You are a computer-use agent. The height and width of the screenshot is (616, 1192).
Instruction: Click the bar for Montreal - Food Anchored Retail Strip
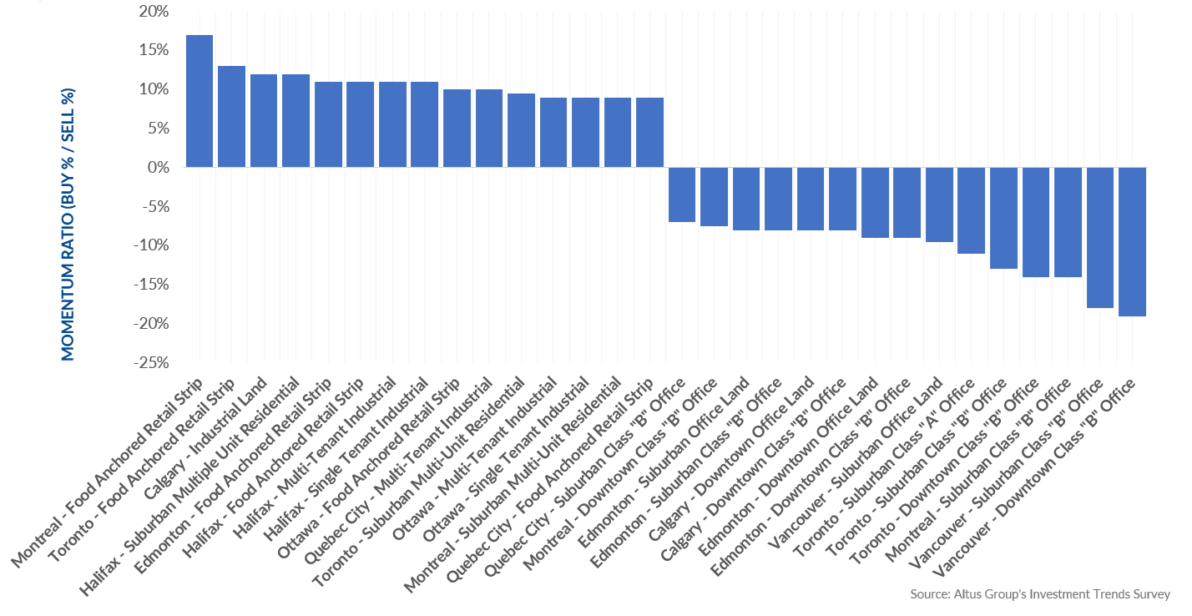[x=199, y=101]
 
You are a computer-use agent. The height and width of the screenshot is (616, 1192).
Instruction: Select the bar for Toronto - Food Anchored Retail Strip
[x=231, y=117]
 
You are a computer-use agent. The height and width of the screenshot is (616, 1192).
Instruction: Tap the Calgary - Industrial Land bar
[x=264, y=121]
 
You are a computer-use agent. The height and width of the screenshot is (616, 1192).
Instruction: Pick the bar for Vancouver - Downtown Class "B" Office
[x=1133, y=241]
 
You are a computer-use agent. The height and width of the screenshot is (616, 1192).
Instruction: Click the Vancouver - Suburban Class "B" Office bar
[x=1100, y=238]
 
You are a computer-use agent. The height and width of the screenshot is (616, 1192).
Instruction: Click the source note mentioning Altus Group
[x=1039, y=595]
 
